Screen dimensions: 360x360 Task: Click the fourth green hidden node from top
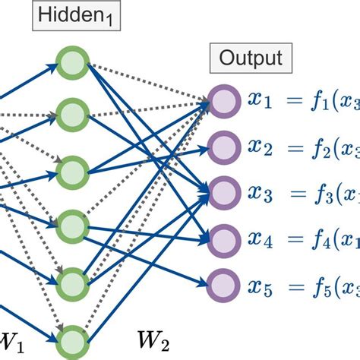tap(74, 225)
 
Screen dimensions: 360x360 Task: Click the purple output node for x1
tap(223, 102)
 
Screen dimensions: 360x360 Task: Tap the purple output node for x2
tap(223, 145)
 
